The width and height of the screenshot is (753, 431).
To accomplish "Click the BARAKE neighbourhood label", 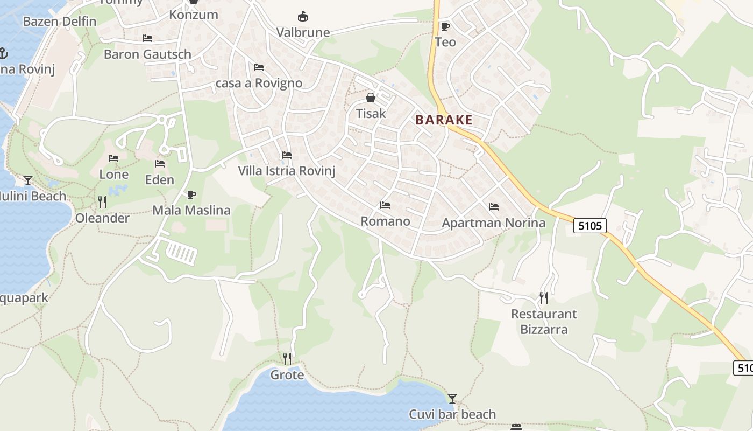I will pyautogui.click(x=444, y=120).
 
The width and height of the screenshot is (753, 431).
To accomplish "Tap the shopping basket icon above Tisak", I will pyautogui.click(x=371, y=98).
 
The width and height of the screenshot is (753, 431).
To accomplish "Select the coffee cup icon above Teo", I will pyautogui.click(x=445, y=26).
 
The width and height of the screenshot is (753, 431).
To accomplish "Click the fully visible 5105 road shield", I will pyautogui.click(x=590, y=225).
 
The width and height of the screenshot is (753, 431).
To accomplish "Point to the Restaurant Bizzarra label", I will pyautogui.click(x=544, y=321).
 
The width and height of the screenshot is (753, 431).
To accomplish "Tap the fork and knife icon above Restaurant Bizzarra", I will pyautogui.click(x=544, y=297).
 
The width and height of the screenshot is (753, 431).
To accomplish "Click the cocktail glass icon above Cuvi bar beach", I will pyautogui.click(x=452, y=399).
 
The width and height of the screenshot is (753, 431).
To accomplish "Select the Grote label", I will pyautogui.click(x=287, y=375).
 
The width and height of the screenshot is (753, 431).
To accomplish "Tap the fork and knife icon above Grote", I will pyautogui.click(x=287, y=358).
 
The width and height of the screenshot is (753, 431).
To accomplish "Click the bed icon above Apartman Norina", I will pyautogui.click(x=494, y=207).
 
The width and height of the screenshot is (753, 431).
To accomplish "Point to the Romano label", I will pyautogui.click(x=385, y=221).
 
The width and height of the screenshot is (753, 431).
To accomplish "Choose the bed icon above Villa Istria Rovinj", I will pyautogui.click(x=287, y=155).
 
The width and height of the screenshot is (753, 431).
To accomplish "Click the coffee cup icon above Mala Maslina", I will pyautogui.click(x=191, y=194).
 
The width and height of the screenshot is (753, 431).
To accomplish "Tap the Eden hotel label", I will pyautogui.click(x=160, y=180).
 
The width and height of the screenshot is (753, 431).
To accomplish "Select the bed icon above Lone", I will pyautogui.click(x=113, y=158).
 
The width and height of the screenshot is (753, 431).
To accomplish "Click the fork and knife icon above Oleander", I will pyautogui.click(x=102, y=202).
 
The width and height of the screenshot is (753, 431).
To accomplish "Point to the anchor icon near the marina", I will pyautogui.click(x=3, y=53).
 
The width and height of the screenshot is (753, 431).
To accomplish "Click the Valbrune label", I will pyautogui.click(x=303, y=33).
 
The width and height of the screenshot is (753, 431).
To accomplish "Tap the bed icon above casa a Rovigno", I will pyautogui.click(x=259, y=67).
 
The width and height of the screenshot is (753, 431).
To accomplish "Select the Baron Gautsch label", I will pyautogui.click(x=147, y=54).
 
